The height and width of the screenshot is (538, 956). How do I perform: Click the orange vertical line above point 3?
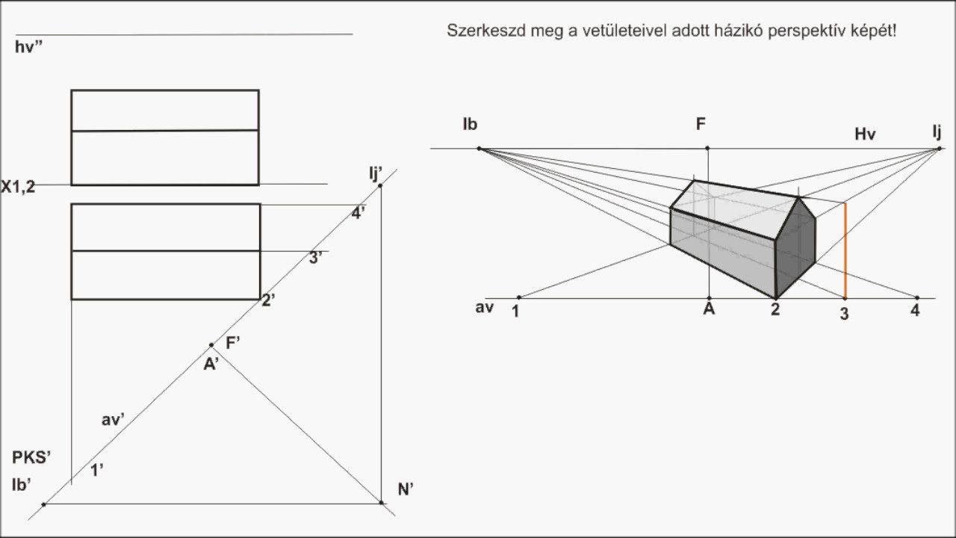pyautogui.click(x=845, y=250)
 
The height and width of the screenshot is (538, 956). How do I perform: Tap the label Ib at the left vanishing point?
pyautogui.click(x=469, y=124)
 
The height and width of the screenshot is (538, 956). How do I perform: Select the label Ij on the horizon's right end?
pyautogui.click(x=937, y=132)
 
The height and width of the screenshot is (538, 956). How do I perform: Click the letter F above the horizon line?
pyautogui.click(x=701, y=124)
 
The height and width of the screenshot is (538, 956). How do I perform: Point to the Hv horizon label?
pyautogui.click(x=865, y=134)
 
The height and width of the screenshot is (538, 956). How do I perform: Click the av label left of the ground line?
pyautogui.click(x=484, y=307)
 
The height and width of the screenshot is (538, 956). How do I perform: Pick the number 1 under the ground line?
pyautogui.click(x=516, y=312)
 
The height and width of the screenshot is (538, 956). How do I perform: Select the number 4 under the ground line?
pyautogui.click(x=915, y=311)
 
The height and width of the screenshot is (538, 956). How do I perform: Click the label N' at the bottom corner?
pyautogui.click(x=406, y=489)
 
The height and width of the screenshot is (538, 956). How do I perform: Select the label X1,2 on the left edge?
pyautogui.click(x=18, y=187)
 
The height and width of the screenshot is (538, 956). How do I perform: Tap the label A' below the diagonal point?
pyautogui.click(x=211, y=365)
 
